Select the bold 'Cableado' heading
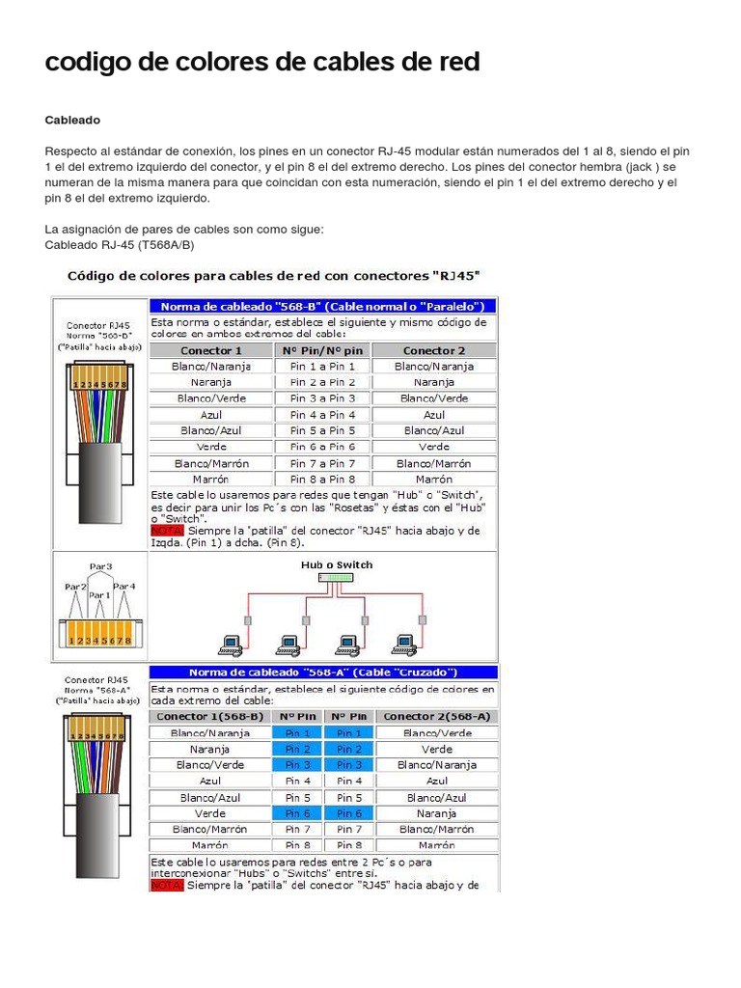point(72,120)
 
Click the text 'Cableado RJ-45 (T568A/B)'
point(120,245)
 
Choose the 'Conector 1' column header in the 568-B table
point(211,350)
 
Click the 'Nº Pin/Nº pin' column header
point(322,350)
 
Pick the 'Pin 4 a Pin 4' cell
point(322,415)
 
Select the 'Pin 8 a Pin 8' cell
point(322,480)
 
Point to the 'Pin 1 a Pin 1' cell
point(322,367)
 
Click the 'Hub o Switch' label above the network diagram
point(336,565)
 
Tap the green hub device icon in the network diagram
point(336,578)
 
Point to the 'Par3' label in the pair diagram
point(101,566)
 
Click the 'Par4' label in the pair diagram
point(124,586)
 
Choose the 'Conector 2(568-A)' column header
point(436,717)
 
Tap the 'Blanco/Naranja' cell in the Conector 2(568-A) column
point(436,765)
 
